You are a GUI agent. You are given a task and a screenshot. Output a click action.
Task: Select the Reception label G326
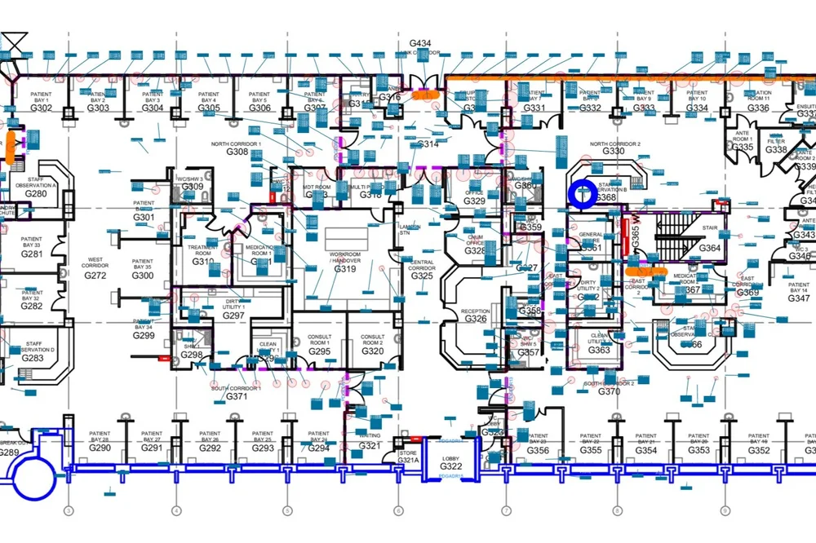coord(475,318)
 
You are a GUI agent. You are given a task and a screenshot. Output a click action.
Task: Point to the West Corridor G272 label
coord(95,276)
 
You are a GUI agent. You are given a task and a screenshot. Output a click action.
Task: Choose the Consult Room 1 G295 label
coord(319,351)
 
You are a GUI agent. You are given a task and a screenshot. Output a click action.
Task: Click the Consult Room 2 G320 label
coord(372,351)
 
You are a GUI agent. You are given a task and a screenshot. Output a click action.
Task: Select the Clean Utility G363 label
coord(599,350)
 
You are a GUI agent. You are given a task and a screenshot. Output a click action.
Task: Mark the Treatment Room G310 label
coord(203,261)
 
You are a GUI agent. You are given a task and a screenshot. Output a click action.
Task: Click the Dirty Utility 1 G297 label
coord(234,315)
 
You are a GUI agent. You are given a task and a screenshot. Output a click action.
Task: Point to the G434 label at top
coord(420,42)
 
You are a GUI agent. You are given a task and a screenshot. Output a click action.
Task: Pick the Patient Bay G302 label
coord(41,107)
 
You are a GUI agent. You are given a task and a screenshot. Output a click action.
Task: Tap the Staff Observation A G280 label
coord(36,193)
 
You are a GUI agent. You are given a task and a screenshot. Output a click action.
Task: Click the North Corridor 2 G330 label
coord(614,151)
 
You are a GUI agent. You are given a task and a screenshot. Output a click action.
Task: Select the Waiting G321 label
coord(370,445)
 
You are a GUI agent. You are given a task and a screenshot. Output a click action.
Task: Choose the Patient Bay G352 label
coord(758,449)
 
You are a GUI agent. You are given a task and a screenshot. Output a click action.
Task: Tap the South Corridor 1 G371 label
coord(236,395)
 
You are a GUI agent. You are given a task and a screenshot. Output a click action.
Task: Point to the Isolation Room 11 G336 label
coord(758,107)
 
